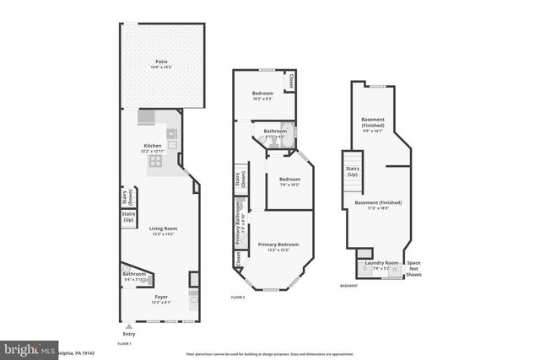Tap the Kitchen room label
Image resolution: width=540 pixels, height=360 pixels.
[x=153, y=148]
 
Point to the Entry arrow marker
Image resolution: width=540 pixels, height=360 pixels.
[x=128, y=325]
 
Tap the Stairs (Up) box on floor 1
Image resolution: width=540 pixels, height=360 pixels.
[x=129, y=217]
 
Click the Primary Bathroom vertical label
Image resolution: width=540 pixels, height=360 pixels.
[x=240, y=223]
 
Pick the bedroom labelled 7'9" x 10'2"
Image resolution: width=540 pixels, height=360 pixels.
[x=289, y=180]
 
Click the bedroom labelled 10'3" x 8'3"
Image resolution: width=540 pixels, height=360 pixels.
[x=262, y=94]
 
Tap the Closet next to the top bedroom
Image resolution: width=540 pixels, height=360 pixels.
[x=291, y=82]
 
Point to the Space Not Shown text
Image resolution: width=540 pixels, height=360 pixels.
[x=413, y=268]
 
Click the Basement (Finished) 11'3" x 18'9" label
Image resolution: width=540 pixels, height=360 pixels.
[x=377, y=204]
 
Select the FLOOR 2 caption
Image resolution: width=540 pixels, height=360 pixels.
[x=238, y=298]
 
